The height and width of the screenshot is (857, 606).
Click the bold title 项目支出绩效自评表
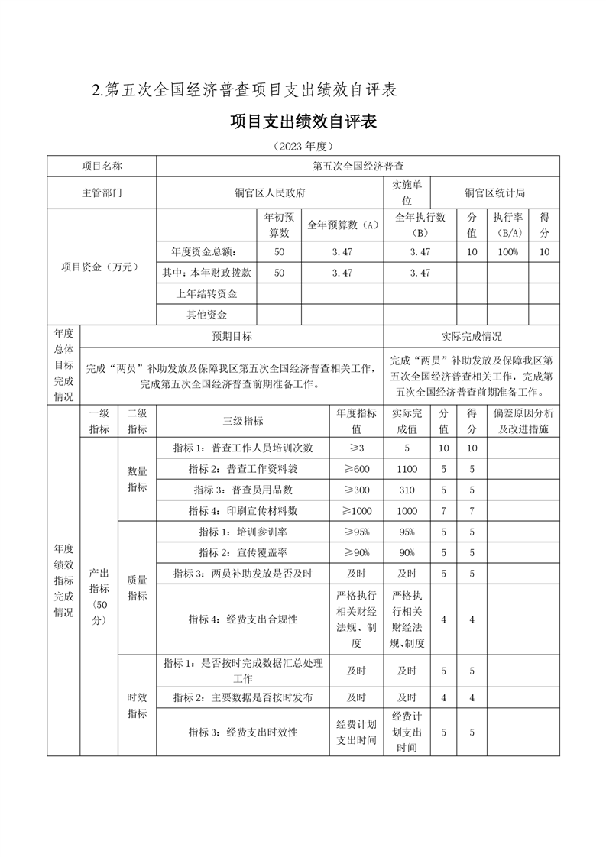[x=303, y=122]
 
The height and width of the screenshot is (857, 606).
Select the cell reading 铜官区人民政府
[x=270, y=193]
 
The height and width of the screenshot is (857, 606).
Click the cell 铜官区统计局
[x=494, y=193]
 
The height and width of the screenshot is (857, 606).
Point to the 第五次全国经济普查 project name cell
[x=358, y=166]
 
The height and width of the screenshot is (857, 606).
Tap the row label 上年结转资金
[x=206, y=293]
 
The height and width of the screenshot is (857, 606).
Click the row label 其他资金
[x=206, y=314]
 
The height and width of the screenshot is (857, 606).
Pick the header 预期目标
[x=232, y=336]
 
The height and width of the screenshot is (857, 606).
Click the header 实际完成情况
[x=472, y=336]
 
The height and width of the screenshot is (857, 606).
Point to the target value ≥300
[x=356, y=490]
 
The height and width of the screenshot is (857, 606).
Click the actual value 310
[x=407, y=490]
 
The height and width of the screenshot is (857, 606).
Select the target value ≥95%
[x=356, y=532]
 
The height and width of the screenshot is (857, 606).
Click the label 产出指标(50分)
[x=99, y=594]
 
